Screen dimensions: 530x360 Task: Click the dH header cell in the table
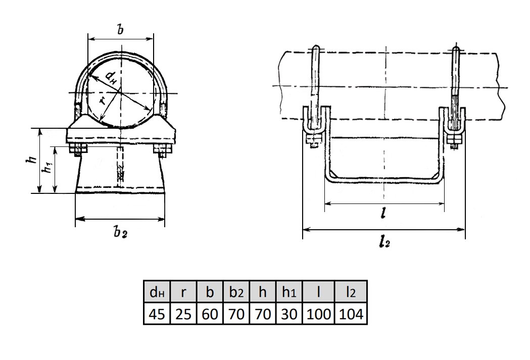point(157,292)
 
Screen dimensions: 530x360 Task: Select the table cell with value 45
point(157,314)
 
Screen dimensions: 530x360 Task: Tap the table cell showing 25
point(183,314)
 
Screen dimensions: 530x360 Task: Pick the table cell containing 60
point(210,314)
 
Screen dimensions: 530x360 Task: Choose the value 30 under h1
point(289,314)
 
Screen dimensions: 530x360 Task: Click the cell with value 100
point(318,314)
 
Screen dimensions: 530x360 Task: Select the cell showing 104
point(351,314)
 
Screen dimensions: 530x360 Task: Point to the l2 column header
point(351,292)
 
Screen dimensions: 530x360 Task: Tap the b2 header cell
point(236,292)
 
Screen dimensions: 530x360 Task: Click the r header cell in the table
point(183,292)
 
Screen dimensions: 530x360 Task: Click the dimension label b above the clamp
point(120,29)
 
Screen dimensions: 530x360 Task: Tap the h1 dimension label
point(47,167)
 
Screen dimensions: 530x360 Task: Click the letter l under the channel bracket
point(382,214)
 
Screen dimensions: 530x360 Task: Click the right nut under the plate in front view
point(163,150)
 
